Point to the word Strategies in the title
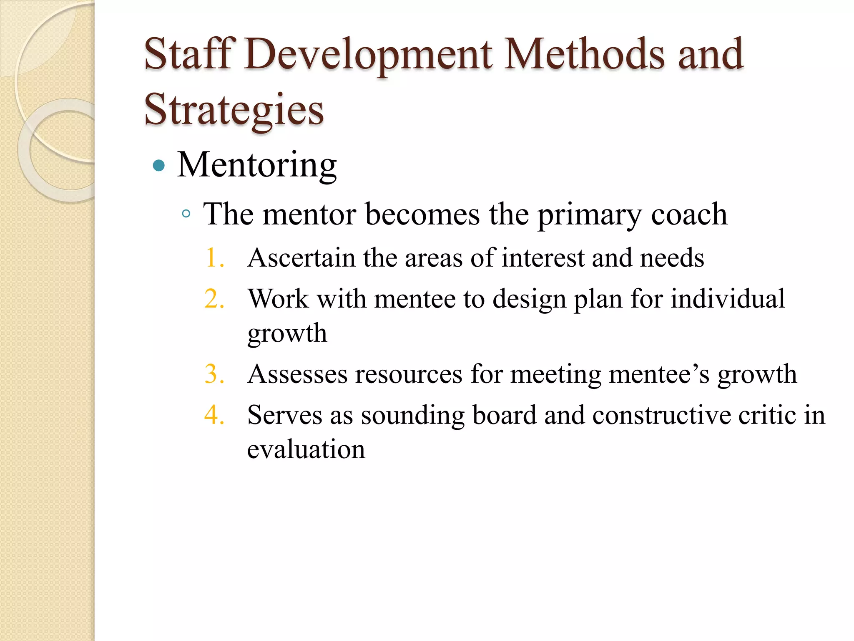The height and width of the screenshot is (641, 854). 234,110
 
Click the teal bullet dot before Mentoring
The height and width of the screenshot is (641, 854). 159,166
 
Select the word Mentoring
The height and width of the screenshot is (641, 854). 257,165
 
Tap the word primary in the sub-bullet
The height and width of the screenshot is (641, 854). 589,215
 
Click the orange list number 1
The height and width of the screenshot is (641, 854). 214,257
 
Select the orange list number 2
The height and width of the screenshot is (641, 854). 214,299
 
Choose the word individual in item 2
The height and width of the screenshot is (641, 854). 728,299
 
